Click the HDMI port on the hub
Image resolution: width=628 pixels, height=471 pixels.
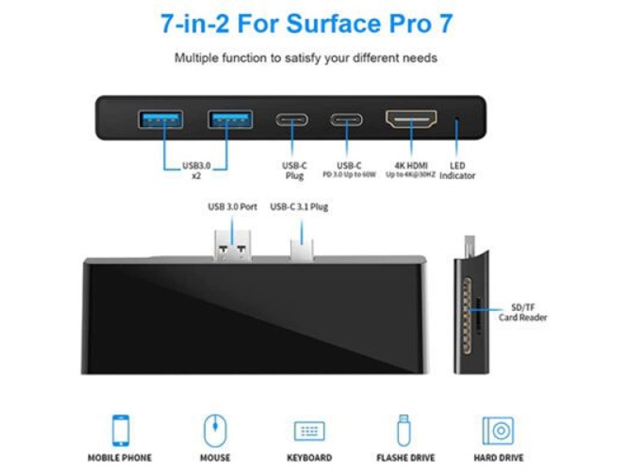[411, 120]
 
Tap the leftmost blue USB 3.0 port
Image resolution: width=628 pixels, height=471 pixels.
[161, 119]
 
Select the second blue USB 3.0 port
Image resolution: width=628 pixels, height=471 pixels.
[230, 119]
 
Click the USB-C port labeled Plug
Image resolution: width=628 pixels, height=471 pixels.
[291, 120]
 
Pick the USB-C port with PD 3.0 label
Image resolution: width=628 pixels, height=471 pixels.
[346, 120]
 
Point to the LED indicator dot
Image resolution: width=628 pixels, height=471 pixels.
[458, 121]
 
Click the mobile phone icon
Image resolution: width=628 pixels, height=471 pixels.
[119, 431]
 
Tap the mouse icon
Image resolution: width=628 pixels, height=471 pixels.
[215, 431]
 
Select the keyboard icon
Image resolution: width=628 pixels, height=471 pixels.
[309, 431]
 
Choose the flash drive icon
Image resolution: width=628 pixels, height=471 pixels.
[403, 430]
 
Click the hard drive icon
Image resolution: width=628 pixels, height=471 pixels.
[498, 431]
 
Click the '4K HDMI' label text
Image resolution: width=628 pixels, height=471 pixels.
[411, 166]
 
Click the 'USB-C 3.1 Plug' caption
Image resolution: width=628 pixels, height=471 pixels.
[299, 207]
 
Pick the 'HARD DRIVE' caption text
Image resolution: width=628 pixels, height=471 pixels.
[498, 458]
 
